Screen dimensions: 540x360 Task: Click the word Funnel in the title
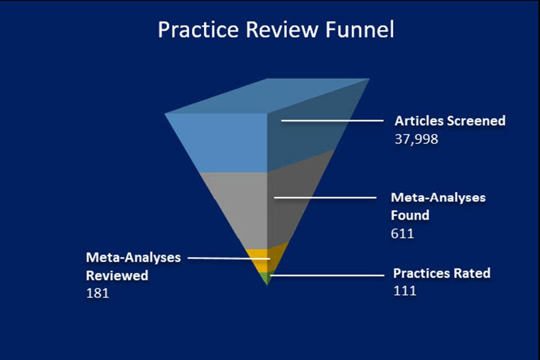tap(359, 29)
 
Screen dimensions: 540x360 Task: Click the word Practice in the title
tap(199, 29)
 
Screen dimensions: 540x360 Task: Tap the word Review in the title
tap(282, 29)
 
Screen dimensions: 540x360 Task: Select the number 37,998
tap(416, 139)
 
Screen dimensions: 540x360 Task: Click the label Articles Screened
tap(450, 120)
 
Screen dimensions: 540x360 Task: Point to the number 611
tap(402, 233)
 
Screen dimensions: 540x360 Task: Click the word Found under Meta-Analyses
tap(410, 215)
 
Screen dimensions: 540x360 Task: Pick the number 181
tap(97, 293)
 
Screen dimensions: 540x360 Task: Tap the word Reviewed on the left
tap(117, 275)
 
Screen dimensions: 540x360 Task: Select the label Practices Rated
tap(442, 273)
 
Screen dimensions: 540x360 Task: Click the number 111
tap(404, 291)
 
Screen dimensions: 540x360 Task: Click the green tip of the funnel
tap(267, 278)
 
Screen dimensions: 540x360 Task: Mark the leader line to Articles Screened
tap(332, 120)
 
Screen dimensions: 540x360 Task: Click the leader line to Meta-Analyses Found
tap(325, 197)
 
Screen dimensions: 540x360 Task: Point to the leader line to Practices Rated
tap(327, 275)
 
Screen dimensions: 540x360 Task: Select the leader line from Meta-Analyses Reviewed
tap(229, 258)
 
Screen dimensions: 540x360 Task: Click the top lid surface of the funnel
tap(267, 96)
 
